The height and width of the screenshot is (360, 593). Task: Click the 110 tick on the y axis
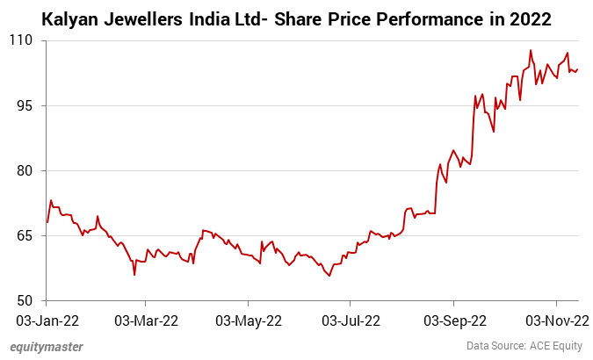(22, 40)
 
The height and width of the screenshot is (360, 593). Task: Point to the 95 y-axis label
(25, 105)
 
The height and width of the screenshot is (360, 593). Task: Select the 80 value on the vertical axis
(25, 170)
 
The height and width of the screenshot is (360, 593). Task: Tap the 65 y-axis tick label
(25, 235)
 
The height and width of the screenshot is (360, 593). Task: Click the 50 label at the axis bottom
(25, 300)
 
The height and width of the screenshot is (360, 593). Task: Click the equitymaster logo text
(47, 346)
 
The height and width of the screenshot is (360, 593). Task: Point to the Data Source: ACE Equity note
(524, 346)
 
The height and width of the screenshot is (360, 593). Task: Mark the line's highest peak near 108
(531, 51)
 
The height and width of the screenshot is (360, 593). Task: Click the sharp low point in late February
(134, 275)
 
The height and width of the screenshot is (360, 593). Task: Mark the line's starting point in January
(47, 221)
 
